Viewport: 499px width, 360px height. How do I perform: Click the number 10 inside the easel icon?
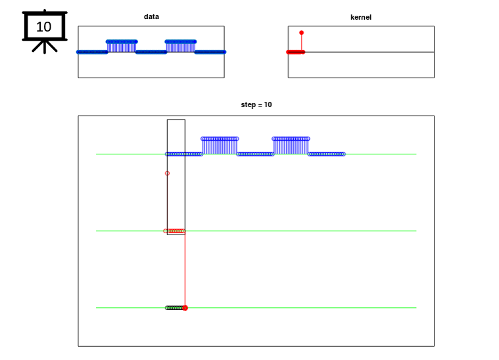43,27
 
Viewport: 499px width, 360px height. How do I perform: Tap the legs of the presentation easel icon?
45,47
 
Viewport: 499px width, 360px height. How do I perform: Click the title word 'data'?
151,16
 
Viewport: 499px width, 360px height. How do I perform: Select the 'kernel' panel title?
361,17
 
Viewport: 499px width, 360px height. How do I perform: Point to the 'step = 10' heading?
256,104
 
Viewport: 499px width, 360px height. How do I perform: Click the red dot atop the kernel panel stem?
301,33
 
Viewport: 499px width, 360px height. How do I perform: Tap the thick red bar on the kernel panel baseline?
296,52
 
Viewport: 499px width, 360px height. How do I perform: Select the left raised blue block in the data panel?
122,47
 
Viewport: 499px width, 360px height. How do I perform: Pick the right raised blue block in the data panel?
180,47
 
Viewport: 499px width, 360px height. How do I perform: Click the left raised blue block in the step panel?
220,146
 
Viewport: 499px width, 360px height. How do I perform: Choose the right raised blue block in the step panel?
291,146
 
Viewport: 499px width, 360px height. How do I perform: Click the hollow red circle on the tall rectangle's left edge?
168,173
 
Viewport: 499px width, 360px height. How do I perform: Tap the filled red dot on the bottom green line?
185,308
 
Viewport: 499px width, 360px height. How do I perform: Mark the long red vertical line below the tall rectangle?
185,271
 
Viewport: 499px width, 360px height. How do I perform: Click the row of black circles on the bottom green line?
174,308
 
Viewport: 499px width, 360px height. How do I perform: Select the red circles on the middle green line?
174,231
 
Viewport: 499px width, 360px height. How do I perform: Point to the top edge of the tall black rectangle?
176,120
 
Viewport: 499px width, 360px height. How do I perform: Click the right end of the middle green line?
416,231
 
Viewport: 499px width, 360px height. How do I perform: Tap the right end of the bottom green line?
416,308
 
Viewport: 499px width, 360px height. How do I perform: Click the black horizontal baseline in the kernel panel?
369,52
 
